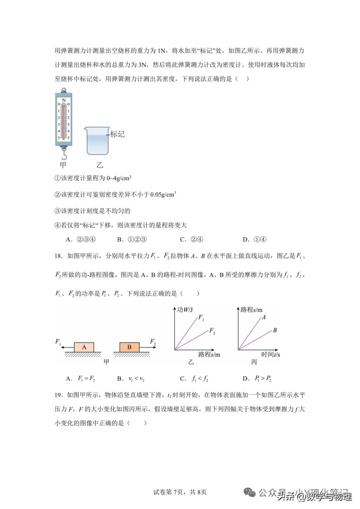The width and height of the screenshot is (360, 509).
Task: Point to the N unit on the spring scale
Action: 64,100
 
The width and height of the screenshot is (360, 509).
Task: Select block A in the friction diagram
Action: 84,347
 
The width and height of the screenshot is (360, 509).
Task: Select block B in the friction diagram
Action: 129,347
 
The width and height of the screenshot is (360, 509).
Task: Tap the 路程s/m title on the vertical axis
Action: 251,309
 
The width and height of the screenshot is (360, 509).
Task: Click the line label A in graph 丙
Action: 263,317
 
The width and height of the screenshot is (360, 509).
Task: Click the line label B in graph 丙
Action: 275,330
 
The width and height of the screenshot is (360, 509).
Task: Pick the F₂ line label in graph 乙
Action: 212,331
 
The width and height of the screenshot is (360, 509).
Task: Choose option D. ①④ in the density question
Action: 253,239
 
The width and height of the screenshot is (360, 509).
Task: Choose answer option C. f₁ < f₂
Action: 193,378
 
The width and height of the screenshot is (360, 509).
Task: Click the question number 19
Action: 59,394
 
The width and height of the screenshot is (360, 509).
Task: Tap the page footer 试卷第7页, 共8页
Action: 180,492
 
